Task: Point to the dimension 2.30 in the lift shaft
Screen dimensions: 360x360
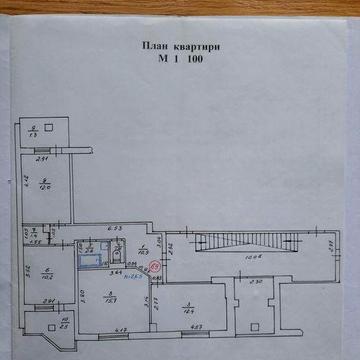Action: [x=256, y=281]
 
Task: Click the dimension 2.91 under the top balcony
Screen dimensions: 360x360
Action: [x=40, y=158]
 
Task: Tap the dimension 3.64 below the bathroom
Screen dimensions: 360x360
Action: [x=116, y=271]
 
